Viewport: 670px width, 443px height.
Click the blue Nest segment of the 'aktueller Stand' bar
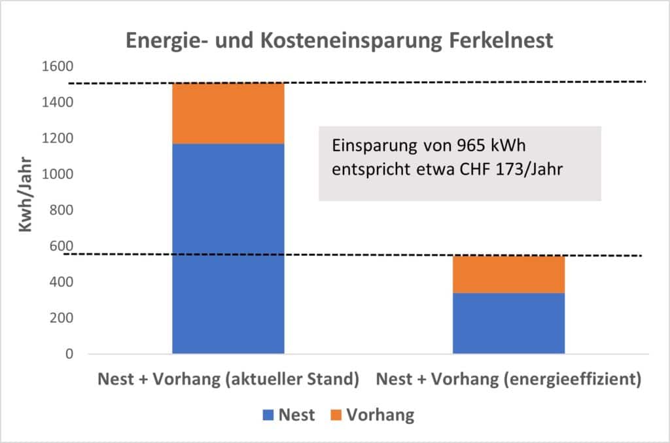(228, 249)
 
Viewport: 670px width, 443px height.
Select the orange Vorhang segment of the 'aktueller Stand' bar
(228, 113)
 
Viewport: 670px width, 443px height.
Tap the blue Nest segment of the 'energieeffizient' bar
(508, 323)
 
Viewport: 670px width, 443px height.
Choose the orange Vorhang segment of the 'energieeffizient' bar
(508, 274)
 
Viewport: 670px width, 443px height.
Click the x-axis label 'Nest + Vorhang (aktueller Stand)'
(228, 380)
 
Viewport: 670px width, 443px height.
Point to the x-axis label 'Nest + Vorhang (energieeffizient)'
(509, 380)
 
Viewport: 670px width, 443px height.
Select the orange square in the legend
(334, 415)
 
